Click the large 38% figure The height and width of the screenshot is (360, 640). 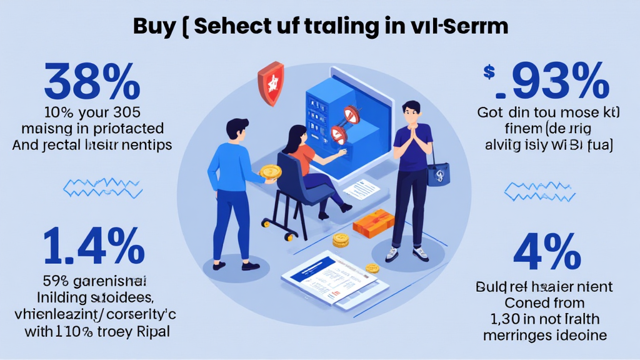92,81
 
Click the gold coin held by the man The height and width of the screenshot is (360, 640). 268,173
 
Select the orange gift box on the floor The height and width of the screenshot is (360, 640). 373,222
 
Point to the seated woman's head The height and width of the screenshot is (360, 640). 296,135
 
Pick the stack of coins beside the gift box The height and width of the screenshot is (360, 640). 341,239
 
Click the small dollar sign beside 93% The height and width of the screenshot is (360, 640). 489,74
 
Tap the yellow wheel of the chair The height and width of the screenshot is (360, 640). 288,236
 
